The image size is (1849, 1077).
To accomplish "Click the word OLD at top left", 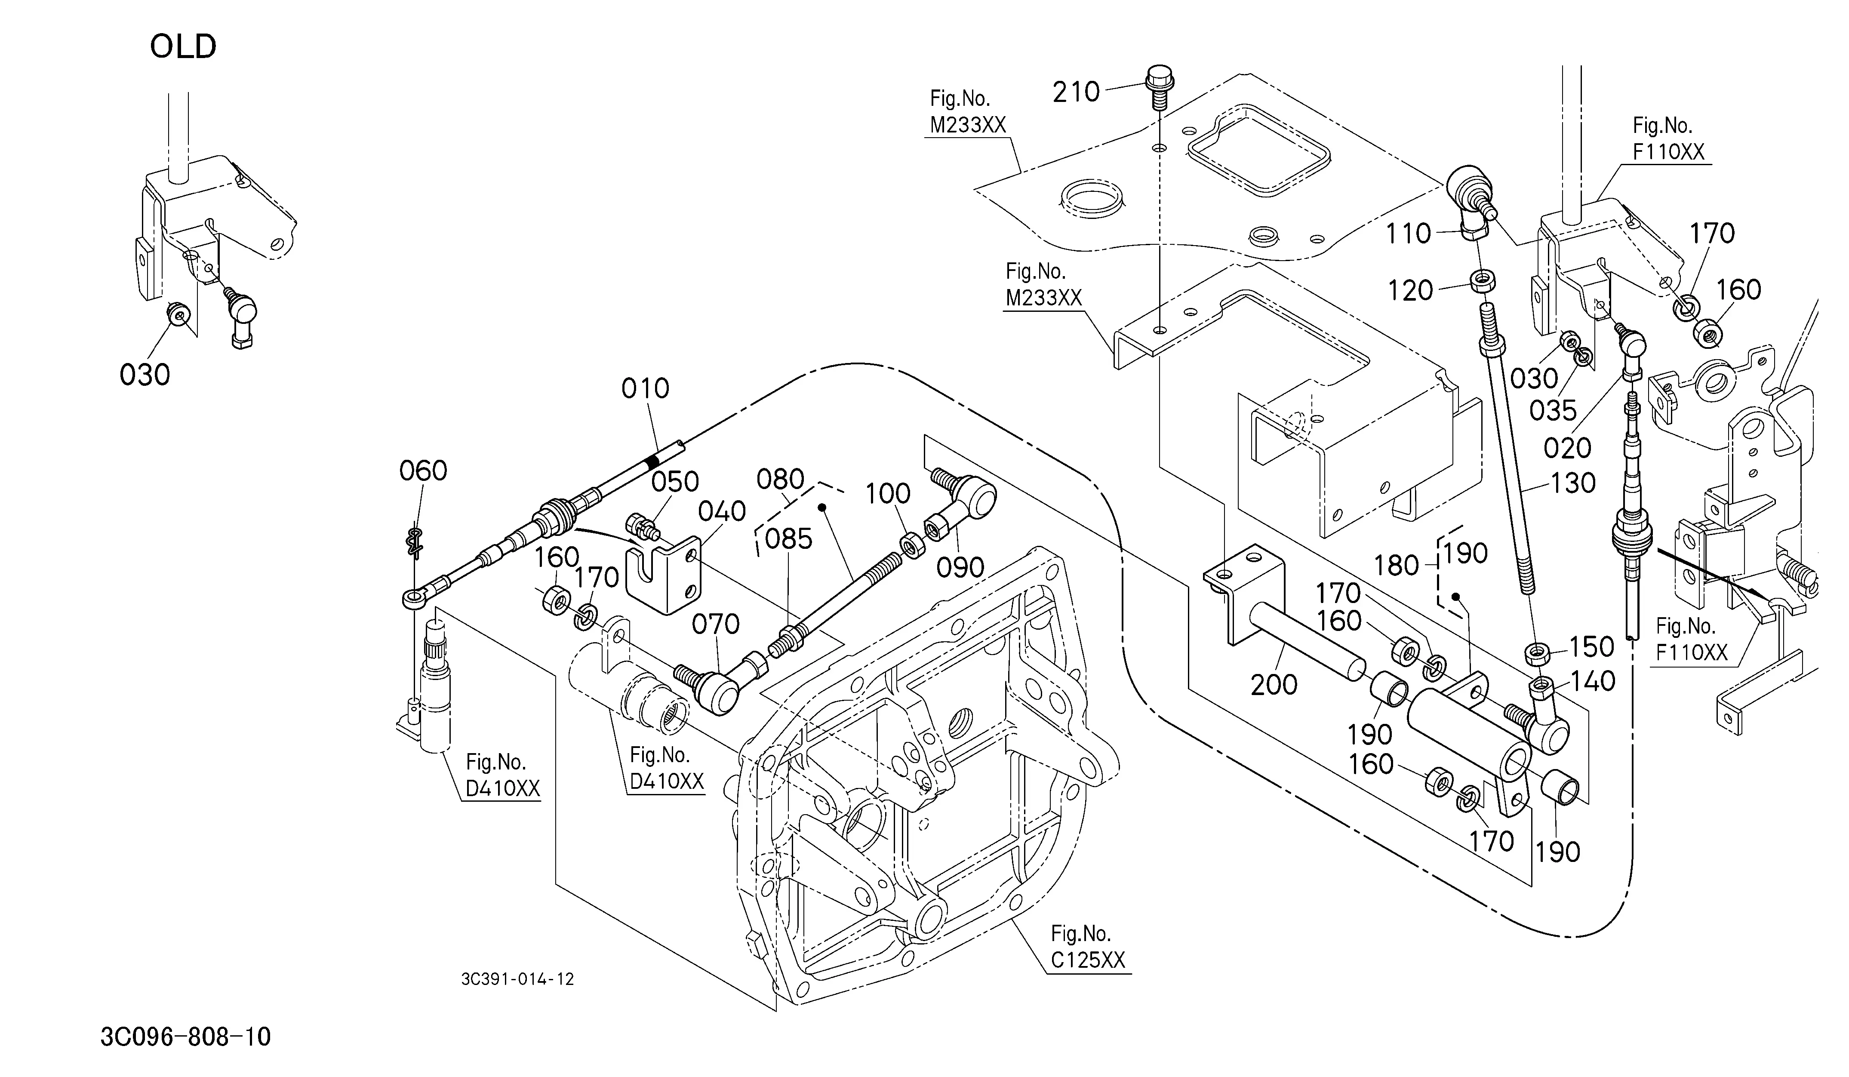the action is click(x=183, y=46).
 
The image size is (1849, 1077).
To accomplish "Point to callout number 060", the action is click(x=423, y=470).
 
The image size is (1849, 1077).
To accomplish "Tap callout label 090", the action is click(x=960, y=567).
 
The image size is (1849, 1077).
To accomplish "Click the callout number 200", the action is click(x=1274, y=684).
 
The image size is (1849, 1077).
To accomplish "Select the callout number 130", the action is click(x=1572, y=483).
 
